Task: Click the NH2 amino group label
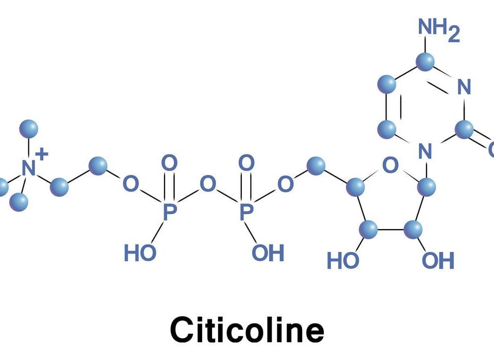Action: [439, 30]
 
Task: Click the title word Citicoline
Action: [248, 330]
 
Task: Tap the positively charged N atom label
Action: [29, 168]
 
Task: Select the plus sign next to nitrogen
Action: [42, 154]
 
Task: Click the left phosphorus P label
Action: [169, 212]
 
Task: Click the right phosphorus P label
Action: [246, 212]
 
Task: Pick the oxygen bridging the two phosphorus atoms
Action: [208, 184]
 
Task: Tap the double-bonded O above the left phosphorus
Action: [169, 163]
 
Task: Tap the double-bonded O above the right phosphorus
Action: [246, 163]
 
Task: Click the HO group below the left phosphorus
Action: [140, 252]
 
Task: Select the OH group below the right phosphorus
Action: [268, 252]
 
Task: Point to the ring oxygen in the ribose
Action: [391, 165]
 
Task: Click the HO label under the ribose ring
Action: [343, 261]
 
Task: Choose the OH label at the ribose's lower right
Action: [438, 261]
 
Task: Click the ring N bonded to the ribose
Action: [425, 151]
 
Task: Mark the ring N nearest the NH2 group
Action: [464, 87]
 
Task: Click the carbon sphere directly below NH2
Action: [425, 62]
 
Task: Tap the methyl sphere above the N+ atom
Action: [29, 129]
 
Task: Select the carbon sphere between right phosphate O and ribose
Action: [315, 166]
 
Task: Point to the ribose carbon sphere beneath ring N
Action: [426, 187]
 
